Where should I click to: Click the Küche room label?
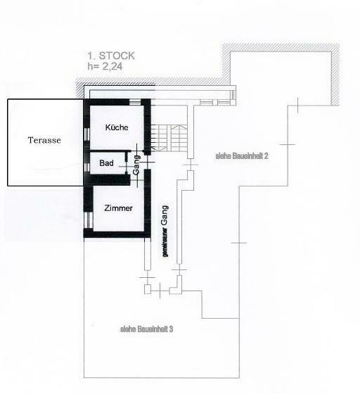tap(117, 127)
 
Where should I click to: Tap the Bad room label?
tap(106, 163)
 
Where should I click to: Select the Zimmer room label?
tap(118, 208)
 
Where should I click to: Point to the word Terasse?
tap(44, 140)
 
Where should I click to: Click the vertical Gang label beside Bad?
tap(136, 165)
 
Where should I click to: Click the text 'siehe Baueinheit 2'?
tap(242, 155)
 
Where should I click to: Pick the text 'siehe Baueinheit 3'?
tap(147, 329)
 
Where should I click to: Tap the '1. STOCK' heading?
tap(111, 56)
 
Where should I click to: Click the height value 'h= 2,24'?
tap(105, 66)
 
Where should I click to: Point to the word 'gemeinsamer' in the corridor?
tap(165, 242)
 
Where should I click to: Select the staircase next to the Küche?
tap(169, 138)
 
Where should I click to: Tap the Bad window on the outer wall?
tap(87, 167)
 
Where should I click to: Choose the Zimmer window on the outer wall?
tap(89, 220)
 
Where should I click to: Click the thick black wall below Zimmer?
tap(117, 234)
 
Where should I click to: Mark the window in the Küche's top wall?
tap(135, 102)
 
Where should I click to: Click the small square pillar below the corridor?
tap(148, 289)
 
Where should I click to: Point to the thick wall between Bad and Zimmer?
tap(110, 179)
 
